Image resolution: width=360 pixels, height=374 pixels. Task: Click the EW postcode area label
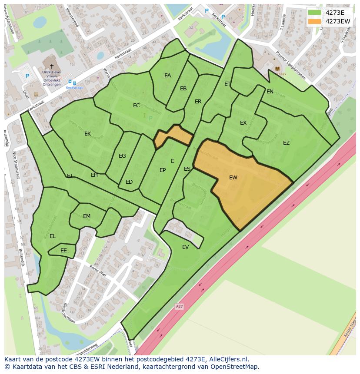[233, 177]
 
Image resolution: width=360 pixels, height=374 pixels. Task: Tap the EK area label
[87, 134]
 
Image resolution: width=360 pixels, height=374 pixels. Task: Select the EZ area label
[286, 142]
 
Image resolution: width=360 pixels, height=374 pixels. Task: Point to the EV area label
[186, 247]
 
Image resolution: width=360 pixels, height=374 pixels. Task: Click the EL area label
[53, 236]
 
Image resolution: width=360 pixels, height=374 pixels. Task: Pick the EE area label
[63, 251]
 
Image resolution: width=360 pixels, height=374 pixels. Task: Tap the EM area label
[87, 216]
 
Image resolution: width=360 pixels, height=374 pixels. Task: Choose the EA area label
[167, 76]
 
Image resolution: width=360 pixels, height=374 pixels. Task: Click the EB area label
[183, 89]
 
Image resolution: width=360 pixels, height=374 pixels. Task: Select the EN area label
[270, 92]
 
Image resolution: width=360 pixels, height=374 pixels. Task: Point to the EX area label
[243, 123]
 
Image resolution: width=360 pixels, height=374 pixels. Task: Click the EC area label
[137, 106]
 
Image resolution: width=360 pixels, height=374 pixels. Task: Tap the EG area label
[122, 156]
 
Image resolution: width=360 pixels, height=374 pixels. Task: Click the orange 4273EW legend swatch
[314, 21]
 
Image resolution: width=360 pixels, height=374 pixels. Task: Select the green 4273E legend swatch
[314, 12]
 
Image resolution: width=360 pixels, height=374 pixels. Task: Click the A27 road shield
[179, 307]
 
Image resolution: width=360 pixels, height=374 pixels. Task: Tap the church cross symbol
[52, 66]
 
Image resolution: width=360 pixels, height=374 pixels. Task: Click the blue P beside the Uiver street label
[27, 76]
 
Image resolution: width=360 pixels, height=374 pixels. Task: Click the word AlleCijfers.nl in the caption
[228, 359]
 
